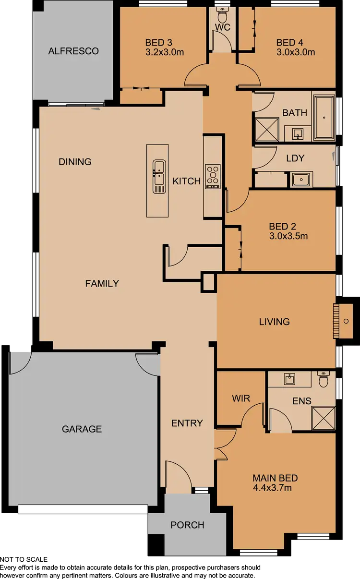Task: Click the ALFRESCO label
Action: (x=73, y=51)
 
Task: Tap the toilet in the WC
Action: (x=223, y=11)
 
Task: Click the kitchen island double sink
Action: (x=159, y=176)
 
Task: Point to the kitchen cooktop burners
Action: (x=212, y=176)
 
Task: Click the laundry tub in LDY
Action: (x=301, y=180)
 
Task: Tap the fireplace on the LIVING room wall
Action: (x=343, y=321)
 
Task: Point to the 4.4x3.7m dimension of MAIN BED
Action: (x=273, y=488)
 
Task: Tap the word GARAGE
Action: (x=82, y=429)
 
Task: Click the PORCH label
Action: (x=187, y=525)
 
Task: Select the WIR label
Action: (x=240, y=398)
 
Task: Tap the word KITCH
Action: (x=187, y=181)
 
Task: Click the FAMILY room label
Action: (x=102, y=283)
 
